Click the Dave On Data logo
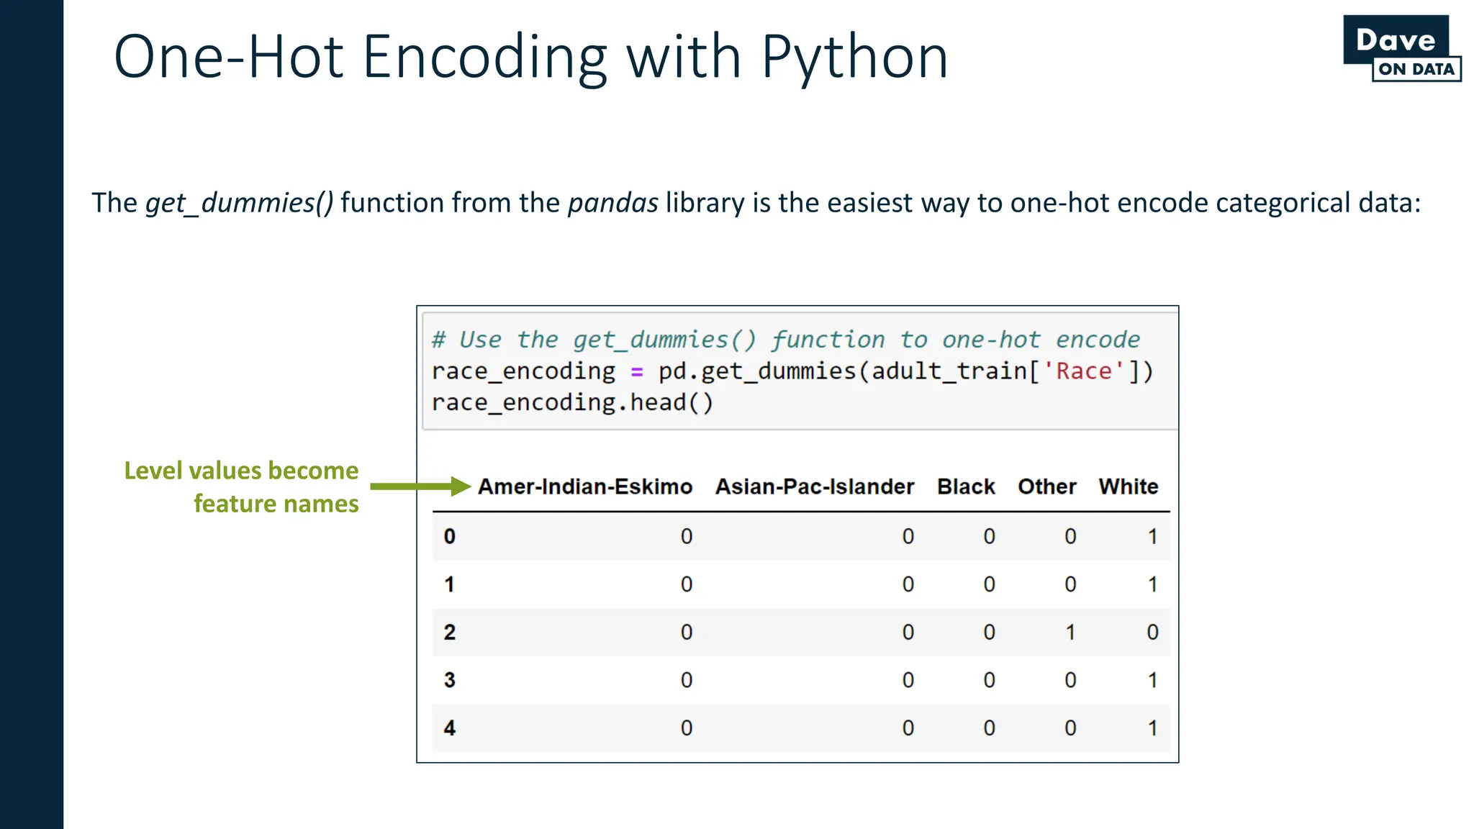coord(1401,48)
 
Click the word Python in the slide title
coord(854,58)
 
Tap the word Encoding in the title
coord(484,58)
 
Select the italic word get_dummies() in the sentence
coord(240,204)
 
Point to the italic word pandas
coord(612,204)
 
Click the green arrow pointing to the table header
coord(420,486)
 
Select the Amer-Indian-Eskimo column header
coord(585,487)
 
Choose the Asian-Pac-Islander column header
coord(814,487)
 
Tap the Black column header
coord(966,487)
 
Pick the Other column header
coord(1046,487)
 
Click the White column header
coord(1128,487)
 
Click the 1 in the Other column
coord(1070,633)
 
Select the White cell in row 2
coord(1152,633)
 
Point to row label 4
coord(450,728)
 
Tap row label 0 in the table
coord(450,537)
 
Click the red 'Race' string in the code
coord(1084,371)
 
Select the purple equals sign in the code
coord(637,372)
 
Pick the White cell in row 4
coord(1152,728)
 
